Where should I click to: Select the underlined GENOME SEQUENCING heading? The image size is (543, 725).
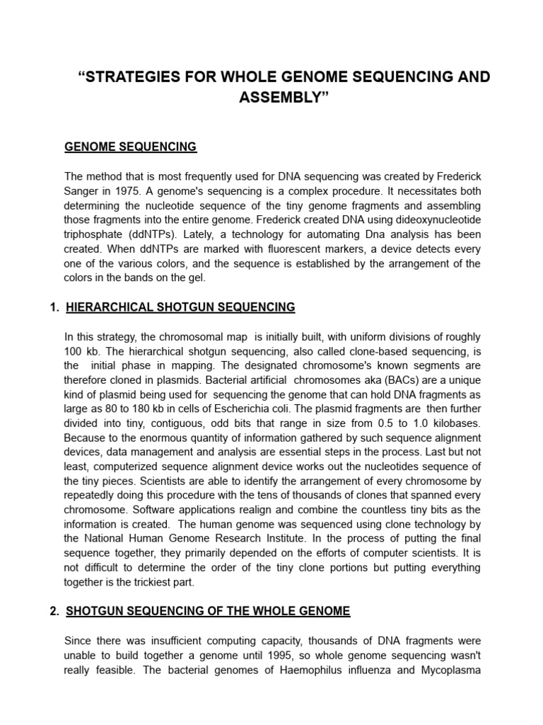click(x=131, y=147)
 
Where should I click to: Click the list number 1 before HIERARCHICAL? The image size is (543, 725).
click(x=53, y=307)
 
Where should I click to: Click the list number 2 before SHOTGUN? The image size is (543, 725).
click(x=54, y=611)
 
